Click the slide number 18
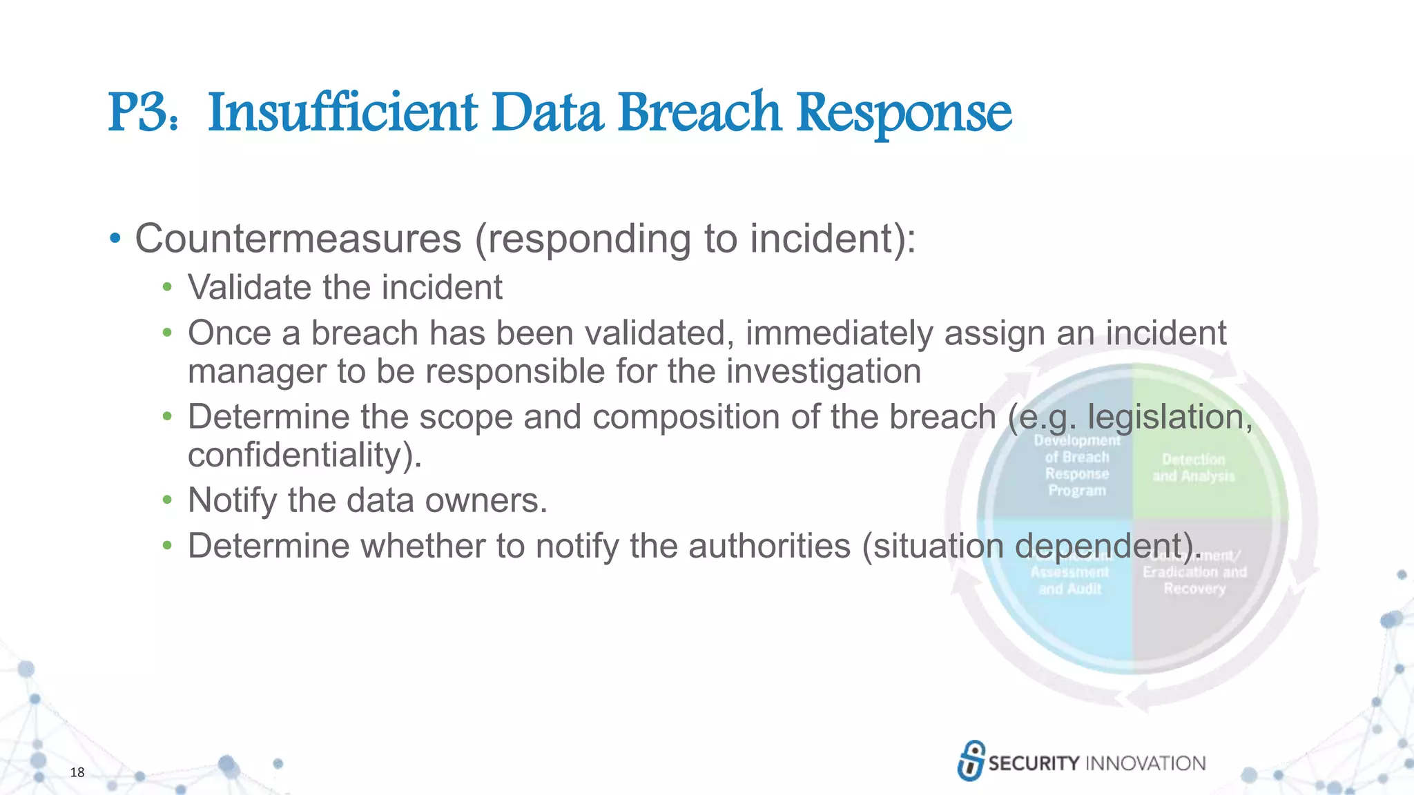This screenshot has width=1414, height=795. point(77,772)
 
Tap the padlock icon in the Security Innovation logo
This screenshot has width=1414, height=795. point(971,760)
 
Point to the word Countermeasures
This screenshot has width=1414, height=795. point(298,239)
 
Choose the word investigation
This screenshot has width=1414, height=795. point(824,371)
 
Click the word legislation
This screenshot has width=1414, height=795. point(1170,417)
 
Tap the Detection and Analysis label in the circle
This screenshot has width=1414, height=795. point(1194,468)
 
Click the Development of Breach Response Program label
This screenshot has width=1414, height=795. point(1077,465)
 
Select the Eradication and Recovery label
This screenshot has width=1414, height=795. point(1194,580)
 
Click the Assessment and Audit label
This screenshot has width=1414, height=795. point(1069,580)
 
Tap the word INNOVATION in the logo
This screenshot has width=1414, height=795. point(1145,763)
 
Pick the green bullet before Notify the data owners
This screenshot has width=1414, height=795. point(166,500)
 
